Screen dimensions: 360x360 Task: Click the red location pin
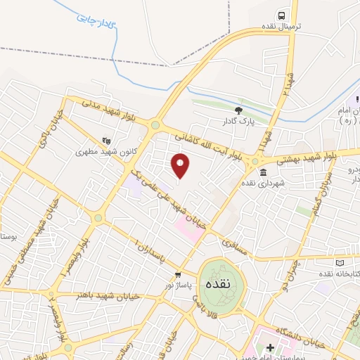point(181,165)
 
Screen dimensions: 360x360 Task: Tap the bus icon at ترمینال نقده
point(281,15)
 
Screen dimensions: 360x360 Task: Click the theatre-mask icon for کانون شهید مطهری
point(105,139)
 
